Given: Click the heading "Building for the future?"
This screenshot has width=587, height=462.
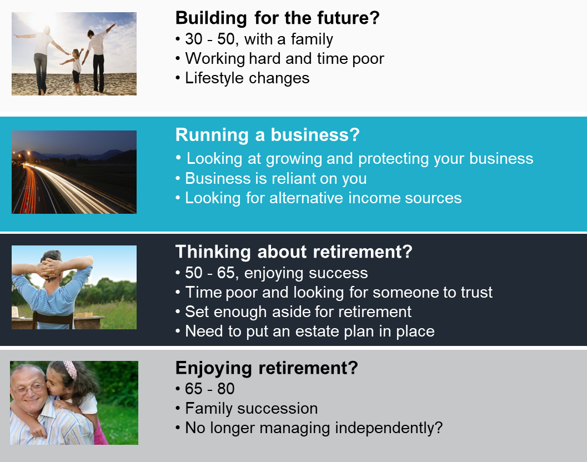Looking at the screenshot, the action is pyautogui.click(x=278, y=18).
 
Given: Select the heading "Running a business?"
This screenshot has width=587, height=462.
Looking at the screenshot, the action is pyautogui.click(x=267, y=135).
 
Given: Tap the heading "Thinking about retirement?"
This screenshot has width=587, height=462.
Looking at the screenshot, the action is pyautogui.click(x=294, y=252).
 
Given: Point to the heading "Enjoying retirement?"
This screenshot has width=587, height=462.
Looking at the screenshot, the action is pyautogui.click(x=267, y=368).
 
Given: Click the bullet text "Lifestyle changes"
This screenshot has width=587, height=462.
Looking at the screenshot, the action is pyautogui.click(x=247, y=78).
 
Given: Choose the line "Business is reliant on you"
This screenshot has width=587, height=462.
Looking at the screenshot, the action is pyautogui.click(x=275, y=179).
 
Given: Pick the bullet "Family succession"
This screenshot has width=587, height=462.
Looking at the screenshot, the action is pyautogui.click(x=251, y=409).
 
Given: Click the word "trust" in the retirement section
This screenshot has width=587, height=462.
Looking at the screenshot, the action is pyautogui.click(x=476, y=293).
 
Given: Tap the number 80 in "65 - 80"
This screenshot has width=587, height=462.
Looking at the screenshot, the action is pyautogui.click(x=225, y=389).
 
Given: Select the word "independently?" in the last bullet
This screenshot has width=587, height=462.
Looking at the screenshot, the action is pyautogui.click(x=389, y=428).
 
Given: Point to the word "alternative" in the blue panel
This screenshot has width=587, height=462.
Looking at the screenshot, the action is pyautogui.click(x=306, y=198).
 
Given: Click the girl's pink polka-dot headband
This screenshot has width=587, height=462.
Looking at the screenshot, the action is pyautogui.click(x=71, y=368).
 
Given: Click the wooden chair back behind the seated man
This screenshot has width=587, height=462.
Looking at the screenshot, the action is pyautogui.click(x=52, y=320).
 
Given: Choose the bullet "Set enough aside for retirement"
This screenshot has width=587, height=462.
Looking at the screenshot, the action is pyautogui.click(x=298, y=312).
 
